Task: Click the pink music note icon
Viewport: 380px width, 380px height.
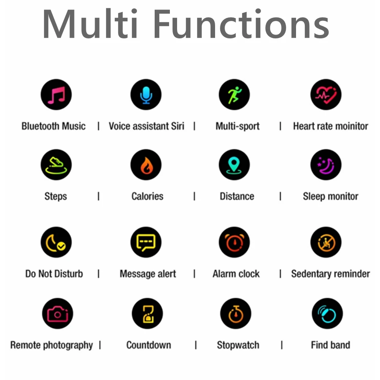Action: point(56,95)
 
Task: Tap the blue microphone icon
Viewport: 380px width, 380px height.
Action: point(146,95)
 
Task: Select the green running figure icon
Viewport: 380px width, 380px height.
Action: point(234,95)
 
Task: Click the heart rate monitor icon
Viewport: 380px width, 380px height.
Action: point(326,95)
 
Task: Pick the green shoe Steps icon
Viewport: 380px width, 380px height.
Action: point(56,165)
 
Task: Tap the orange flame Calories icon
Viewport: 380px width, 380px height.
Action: point(146,165)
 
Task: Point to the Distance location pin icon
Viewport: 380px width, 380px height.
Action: point(234,165)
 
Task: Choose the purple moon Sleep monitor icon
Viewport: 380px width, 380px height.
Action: point(326,165)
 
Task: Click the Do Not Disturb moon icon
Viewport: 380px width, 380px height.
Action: point(56,242)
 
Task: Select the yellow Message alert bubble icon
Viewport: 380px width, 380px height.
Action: point(146,242)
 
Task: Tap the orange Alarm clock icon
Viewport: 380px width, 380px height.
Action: point(234,242)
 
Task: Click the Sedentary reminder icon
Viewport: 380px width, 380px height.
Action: point(326,242)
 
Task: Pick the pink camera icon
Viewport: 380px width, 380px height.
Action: point(57,314)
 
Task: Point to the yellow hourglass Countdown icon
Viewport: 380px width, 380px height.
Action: point(147,314)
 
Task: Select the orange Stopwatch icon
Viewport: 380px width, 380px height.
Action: point(236,314)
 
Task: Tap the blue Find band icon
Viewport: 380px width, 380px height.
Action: point(327,314)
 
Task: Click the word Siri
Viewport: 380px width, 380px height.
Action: point(177,126)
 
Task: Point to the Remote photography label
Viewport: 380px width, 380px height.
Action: point(52,345)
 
